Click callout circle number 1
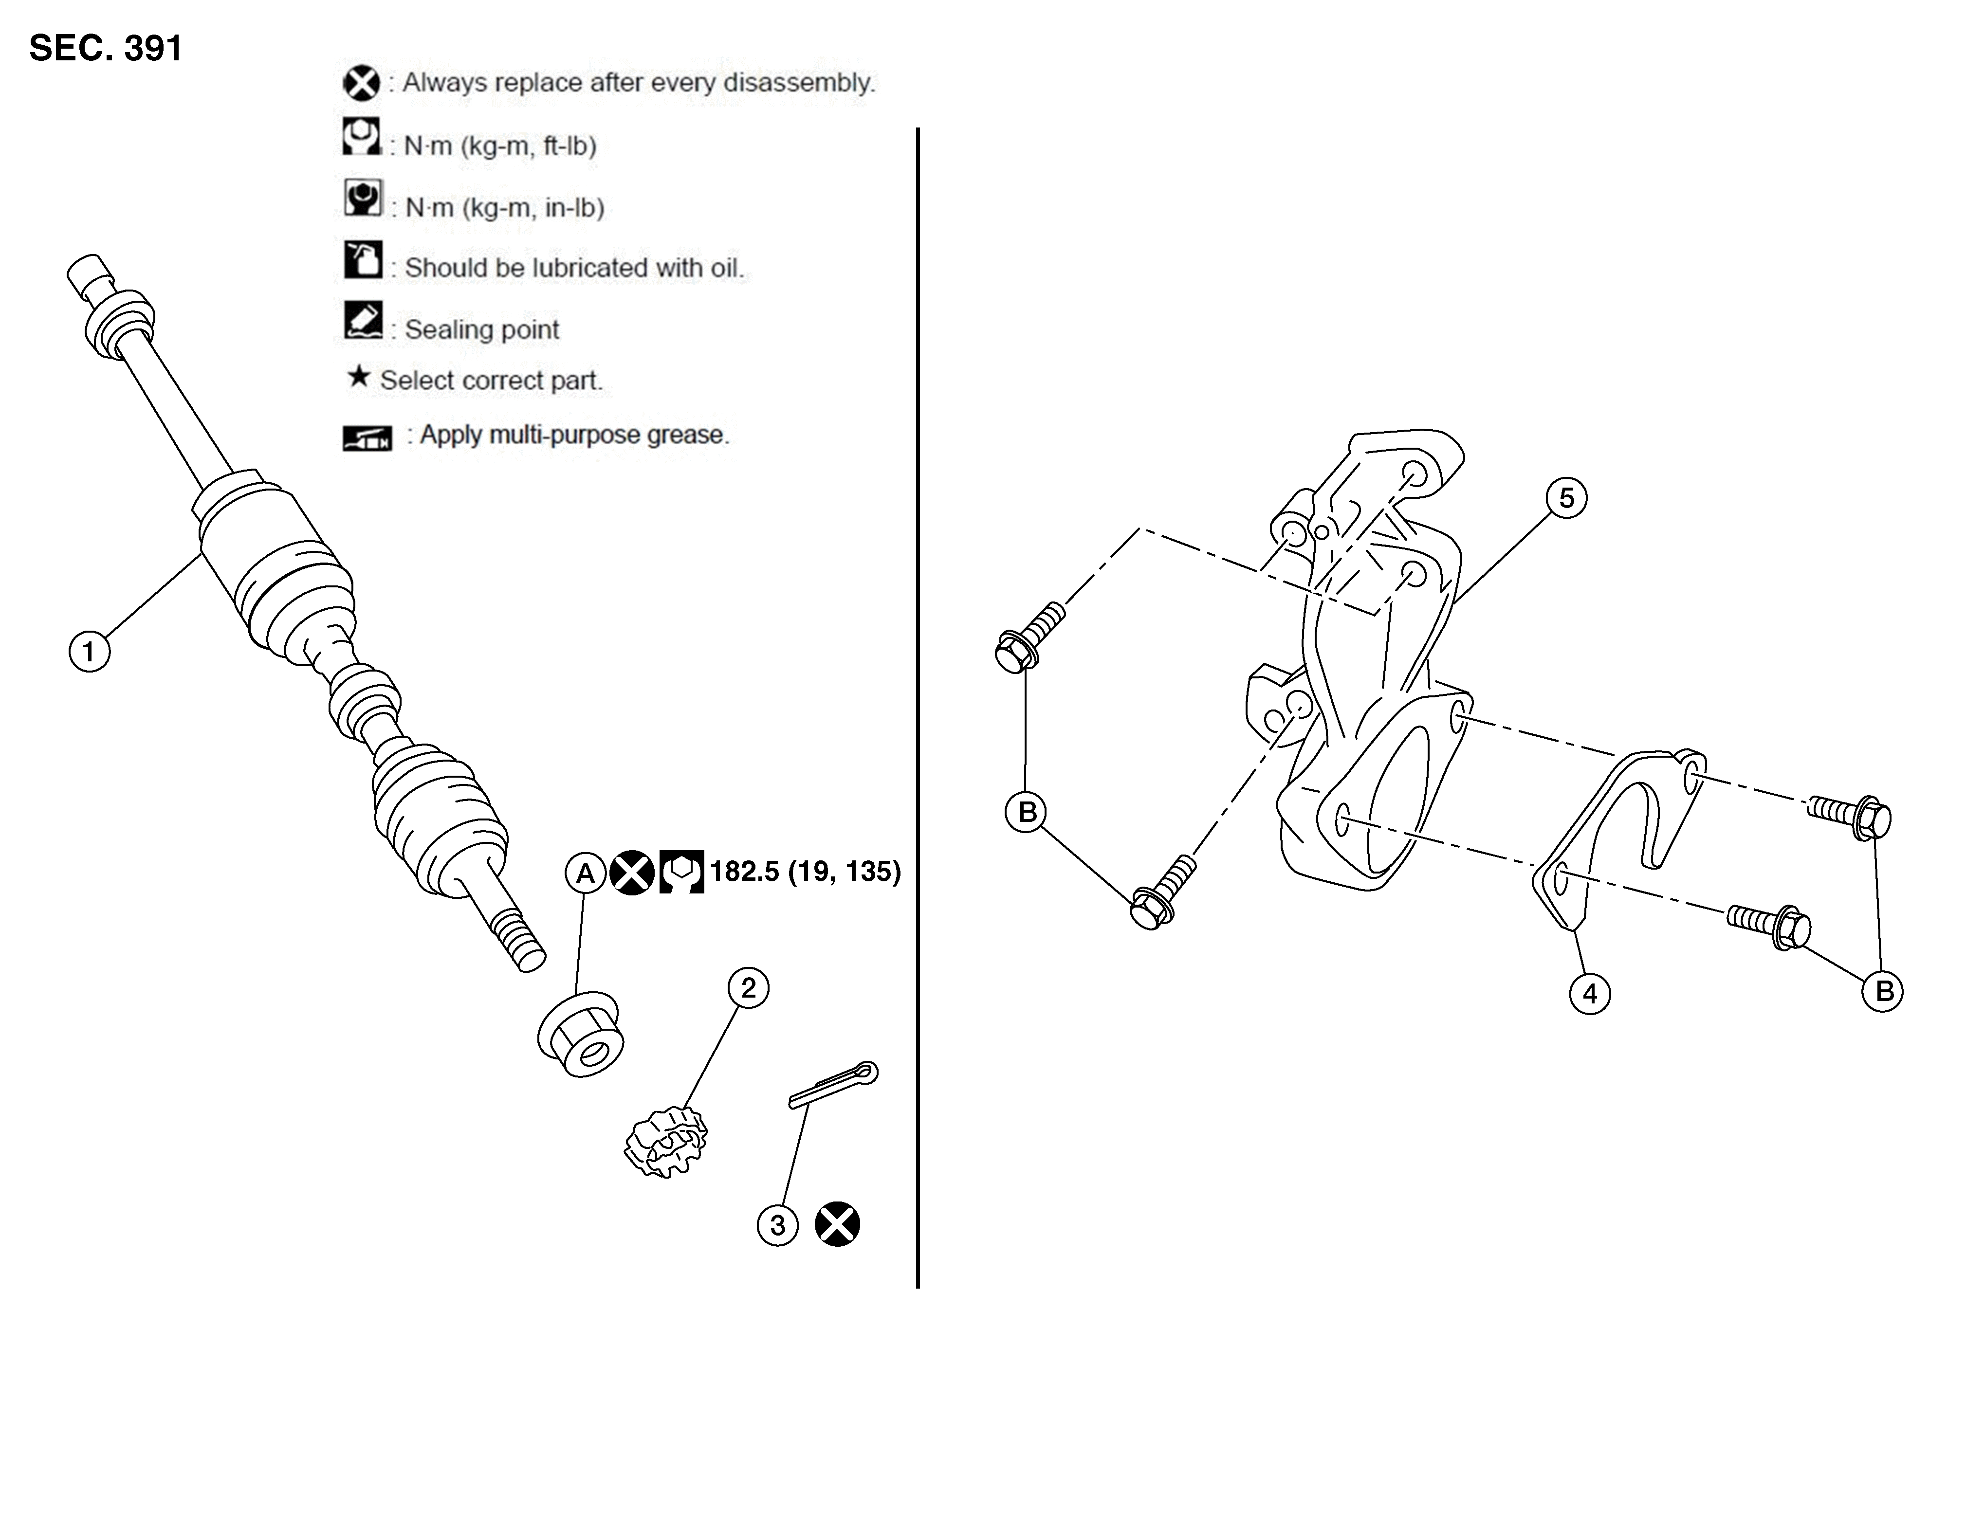point(89,651)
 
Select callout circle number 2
point(748,988)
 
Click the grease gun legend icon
point(367,438)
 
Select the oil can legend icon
point(363,259)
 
